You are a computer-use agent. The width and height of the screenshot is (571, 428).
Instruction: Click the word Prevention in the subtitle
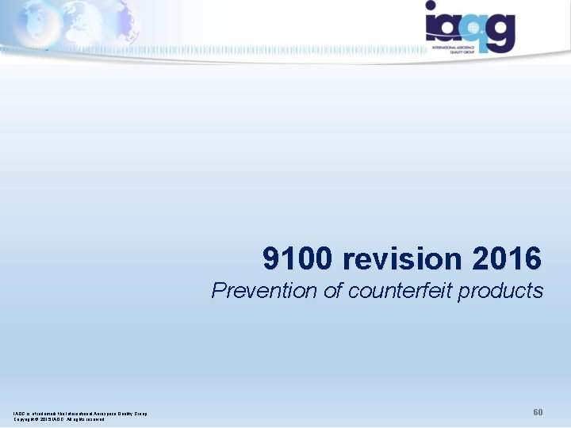(x=264, y=291)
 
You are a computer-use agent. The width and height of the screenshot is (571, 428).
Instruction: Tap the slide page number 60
(x=538, y=413)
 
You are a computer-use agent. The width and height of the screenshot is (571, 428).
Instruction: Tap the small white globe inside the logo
(x=473, y=26)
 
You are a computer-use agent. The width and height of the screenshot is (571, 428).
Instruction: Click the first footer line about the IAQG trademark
(x=80, y=412)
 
